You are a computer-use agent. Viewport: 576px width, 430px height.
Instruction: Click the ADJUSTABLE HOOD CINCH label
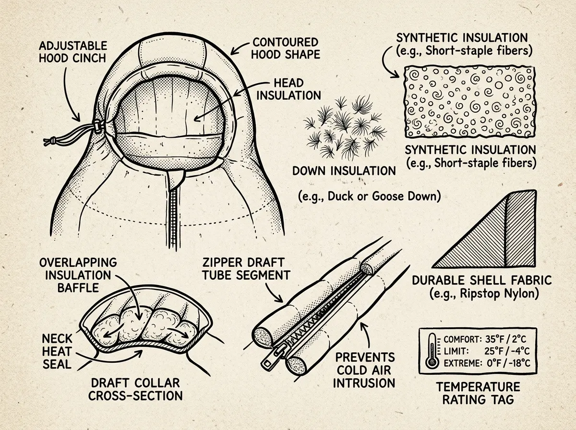73,52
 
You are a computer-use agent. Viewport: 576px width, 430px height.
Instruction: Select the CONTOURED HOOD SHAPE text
286,48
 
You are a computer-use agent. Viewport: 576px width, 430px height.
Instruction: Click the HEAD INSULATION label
288,89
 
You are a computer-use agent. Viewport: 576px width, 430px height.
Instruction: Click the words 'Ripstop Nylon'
496,294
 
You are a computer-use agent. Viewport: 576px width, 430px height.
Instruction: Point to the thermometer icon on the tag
432,351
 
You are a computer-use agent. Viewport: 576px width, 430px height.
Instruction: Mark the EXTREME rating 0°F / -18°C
508,363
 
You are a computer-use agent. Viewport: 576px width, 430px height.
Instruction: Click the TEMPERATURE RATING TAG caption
478,393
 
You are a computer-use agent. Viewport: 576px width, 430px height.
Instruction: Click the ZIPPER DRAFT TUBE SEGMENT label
246,269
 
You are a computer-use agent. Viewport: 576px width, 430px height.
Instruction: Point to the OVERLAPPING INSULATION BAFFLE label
78,275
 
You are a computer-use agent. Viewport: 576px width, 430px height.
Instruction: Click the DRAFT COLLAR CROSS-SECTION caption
136,389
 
